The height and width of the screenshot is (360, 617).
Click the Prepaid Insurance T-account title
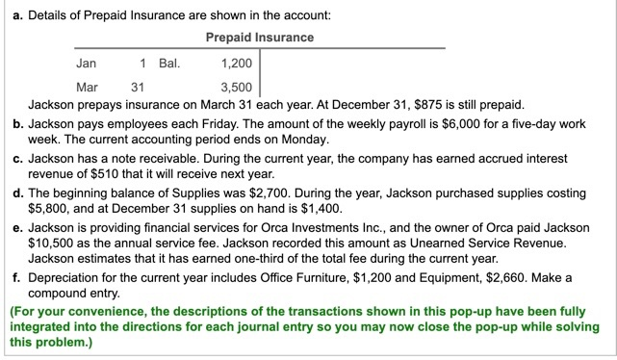[260, 37]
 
